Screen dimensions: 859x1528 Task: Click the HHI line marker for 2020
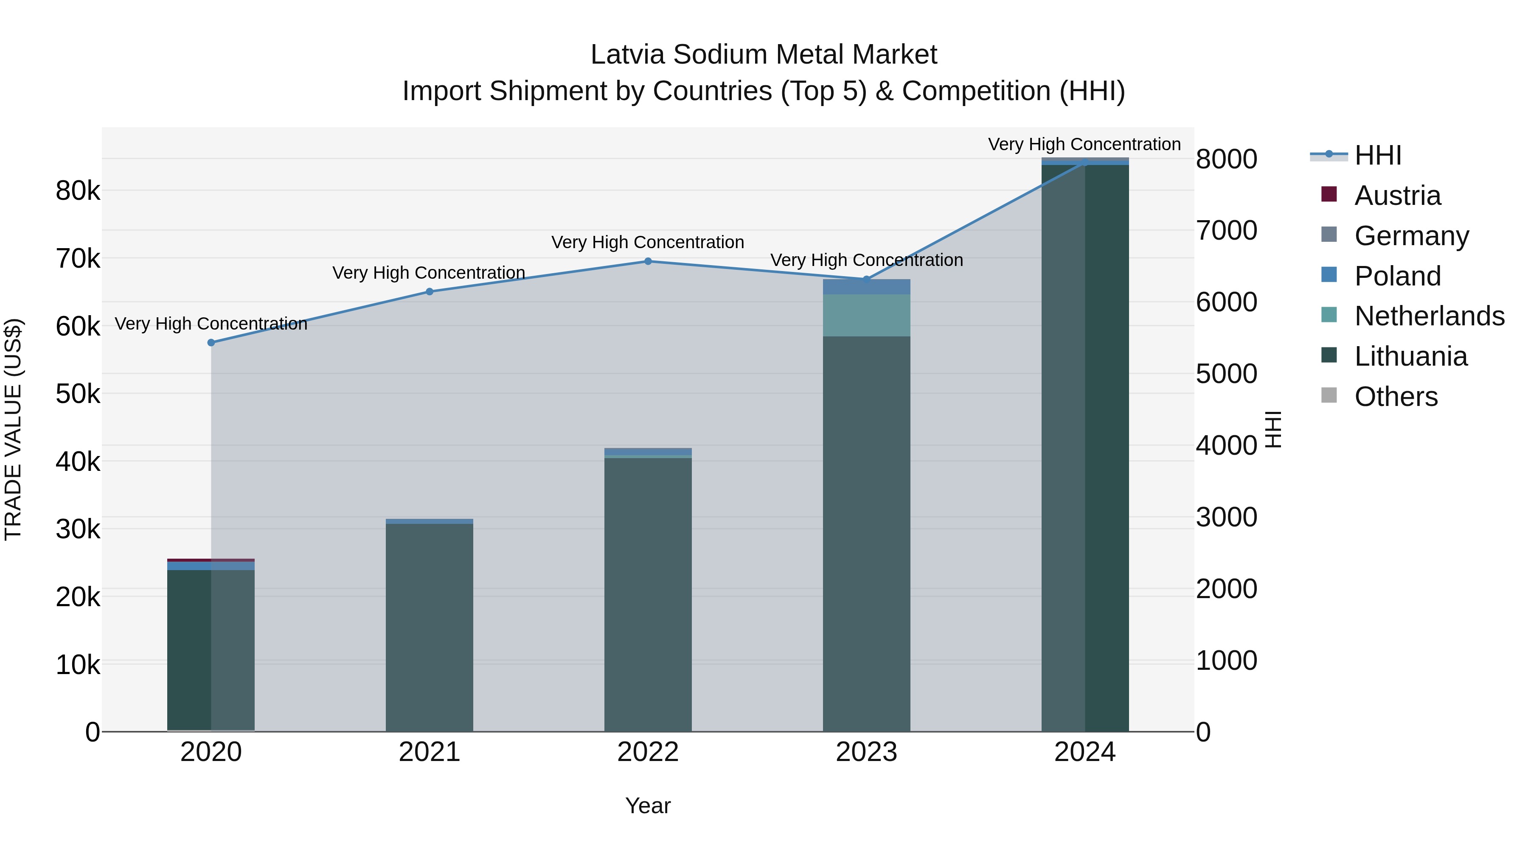pyautogui.click(x=211, y=343)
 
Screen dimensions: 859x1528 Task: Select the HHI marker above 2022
pyautogui.click(x=648, y=261)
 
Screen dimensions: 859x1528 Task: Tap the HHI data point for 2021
pyautogui.click(x=430, y=292)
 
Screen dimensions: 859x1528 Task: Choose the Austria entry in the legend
pyautogui.click(x=1397, y=196)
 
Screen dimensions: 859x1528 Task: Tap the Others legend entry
pyautogui.click(x=1396, y=397)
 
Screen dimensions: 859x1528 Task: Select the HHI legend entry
pyautogui.click(x=1377, y=155)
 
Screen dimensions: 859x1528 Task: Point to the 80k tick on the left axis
pyautogui.click(x=78, y=191)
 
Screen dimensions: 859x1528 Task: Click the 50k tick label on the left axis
pyautogui.click(x=78, y=394)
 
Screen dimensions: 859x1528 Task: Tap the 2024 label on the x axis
pyautogui.click(x=1084, y=752)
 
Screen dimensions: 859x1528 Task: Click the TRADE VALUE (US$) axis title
pyautogui.click(x=14, y=429)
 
